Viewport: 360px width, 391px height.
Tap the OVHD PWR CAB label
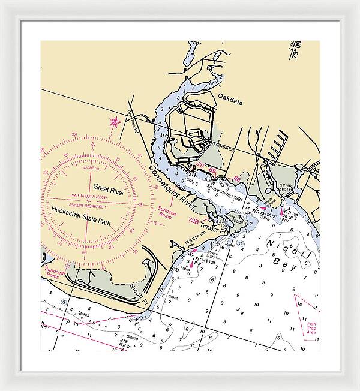coord(220,145)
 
